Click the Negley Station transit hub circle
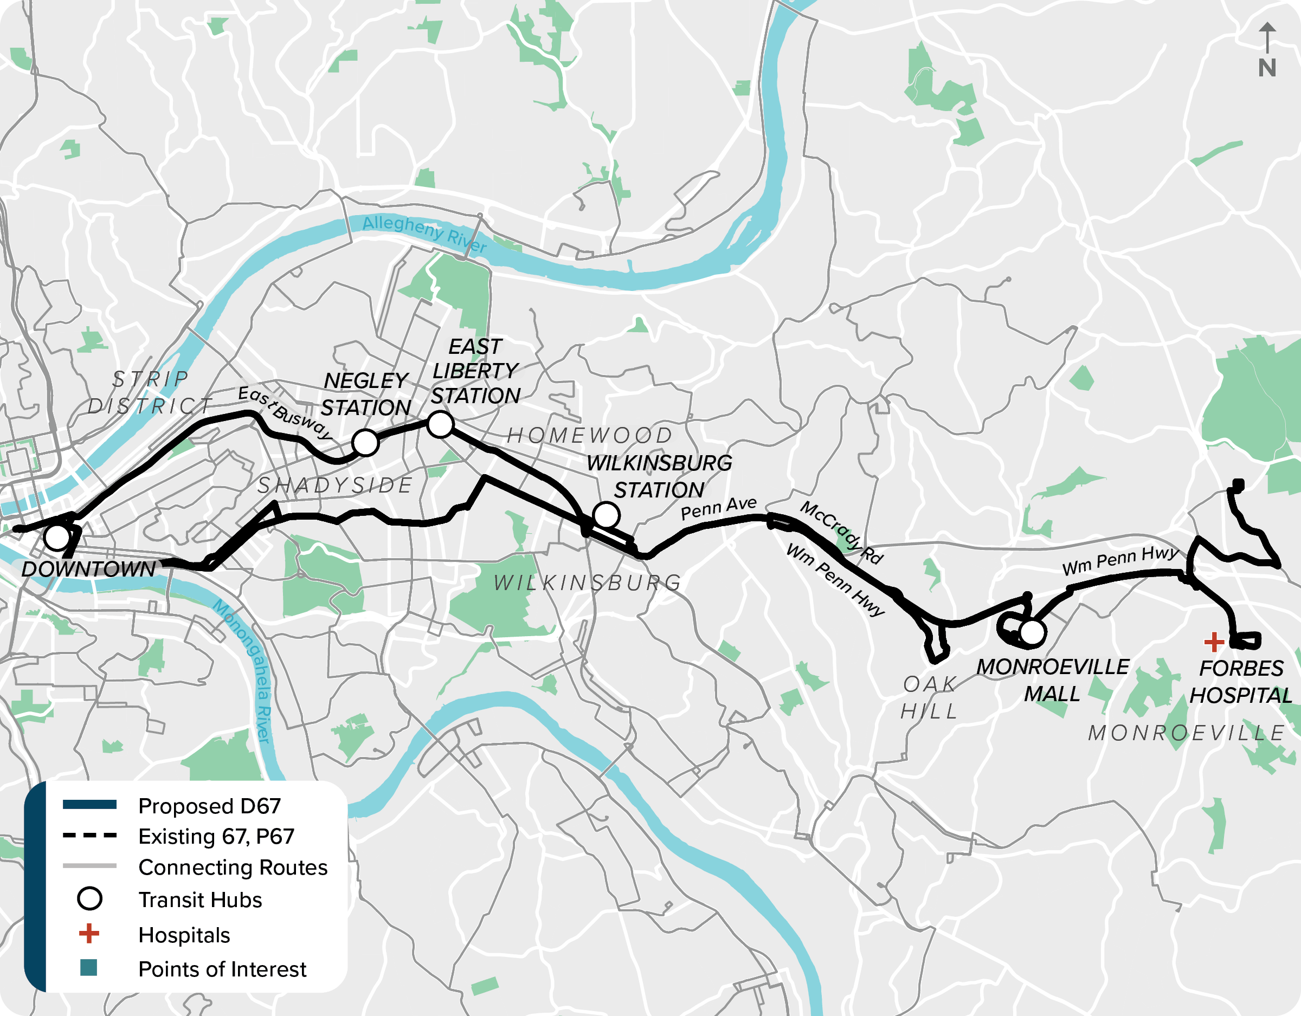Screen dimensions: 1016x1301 (365, 443)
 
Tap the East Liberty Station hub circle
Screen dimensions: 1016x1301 (440, 425)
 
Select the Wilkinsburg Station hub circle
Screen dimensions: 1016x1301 (607, 515)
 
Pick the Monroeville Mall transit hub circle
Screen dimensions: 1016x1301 (1032, 632)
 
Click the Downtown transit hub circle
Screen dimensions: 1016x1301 (57, 537)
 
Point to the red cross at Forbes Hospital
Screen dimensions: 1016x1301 (1213, 642)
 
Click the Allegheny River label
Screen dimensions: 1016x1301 (424, 233)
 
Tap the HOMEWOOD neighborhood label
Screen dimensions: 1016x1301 (589, 435)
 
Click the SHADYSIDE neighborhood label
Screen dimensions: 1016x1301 (335, 486)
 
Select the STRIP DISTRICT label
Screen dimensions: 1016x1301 (150, 392)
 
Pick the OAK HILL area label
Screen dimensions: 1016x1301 (929, 697)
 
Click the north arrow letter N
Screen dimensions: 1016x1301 (1267, 68)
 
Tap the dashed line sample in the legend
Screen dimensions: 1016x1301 (89, 836)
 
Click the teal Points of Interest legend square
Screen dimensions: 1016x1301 (88, 968)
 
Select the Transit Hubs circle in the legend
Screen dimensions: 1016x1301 (89, 898)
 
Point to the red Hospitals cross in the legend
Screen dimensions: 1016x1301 (89, 933)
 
